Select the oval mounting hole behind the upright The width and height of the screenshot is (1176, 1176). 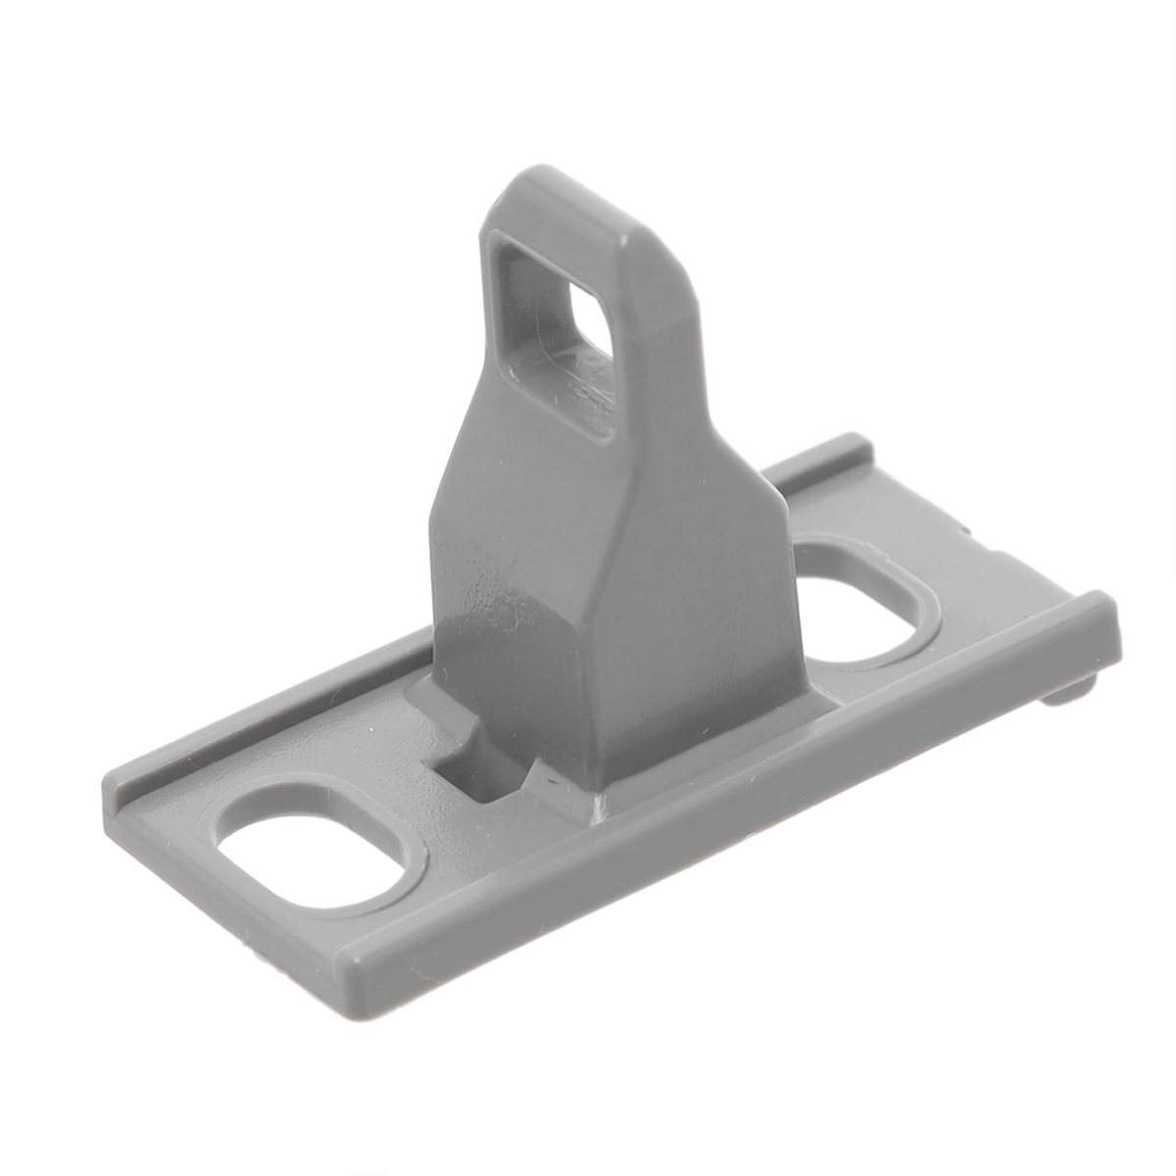[x=862, y=598]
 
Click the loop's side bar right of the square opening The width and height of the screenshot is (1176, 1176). [x=647, y=323]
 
